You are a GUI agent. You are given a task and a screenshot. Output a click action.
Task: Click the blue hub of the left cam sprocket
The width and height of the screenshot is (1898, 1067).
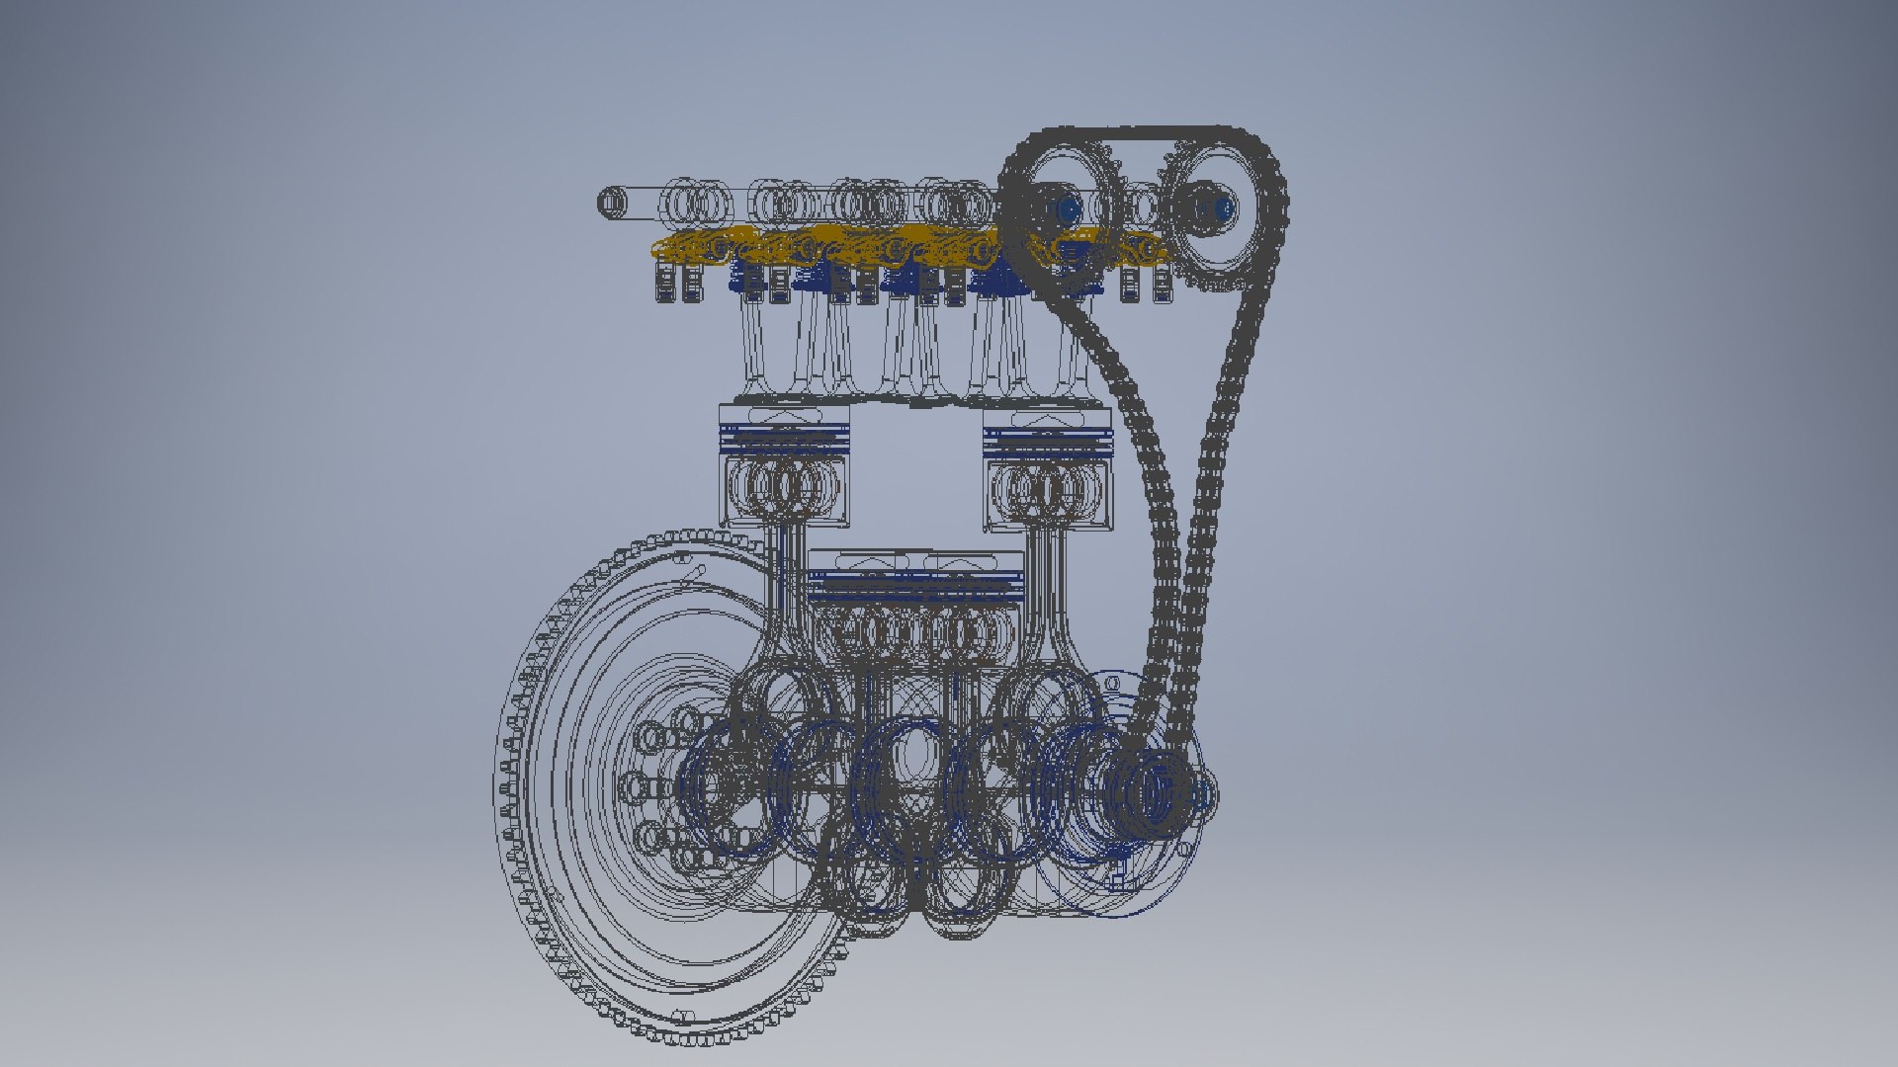pyautogui.click(x=1068, y=208)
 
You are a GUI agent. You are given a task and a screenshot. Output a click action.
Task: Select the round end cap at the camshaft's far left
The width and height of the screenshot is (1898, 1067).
pyautogui.click(x=612, y=204)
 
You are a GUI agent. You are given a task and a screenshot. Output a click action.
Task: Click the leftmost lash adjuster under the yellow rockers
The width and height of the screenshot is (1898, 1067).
pyautogui.click(x=665, y=283)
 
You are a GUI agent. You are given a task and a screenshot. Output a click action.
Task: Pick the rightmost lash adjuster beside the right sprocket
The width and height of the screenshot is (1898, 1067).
pyautogui.click(x=1162, y=283)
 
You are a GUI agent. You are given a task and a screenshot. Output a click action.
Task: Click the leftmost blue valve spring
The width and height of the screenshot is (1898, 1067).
pyautogui.click(x=743, y=277)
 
